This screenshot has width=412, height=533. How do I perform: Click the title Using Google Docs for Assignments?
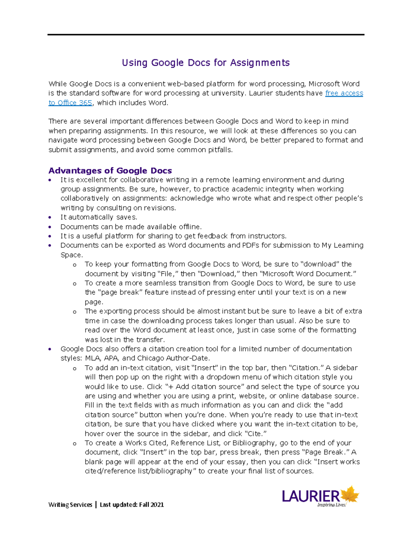[206, 63]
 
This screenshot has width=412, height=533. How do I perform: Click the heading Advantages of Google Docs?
[110, 171]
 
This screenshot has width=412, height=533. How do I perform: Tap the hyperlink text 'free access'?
[344, 93]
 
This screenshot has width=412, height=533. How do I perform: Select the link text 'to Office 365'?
[70, 103]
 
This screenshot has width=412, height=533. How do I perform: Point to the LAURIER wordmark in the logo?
[311, 496]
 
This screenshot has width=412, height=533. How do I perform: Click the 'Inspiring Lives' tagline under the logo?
[331, 505]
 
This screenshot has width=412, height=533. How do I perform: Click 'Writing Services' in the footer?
[70, 505]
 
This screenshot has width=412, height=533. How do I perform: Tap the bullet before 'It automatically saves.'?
[50, 217]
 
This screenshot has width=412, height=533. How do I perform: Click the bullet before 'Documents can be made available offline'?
[50, 227]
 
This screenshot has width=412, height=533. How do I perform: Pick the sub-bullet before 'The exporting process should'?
[75, 312]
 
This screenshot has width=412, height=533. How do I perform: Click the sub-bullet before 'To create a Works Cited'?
[75, 444]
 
